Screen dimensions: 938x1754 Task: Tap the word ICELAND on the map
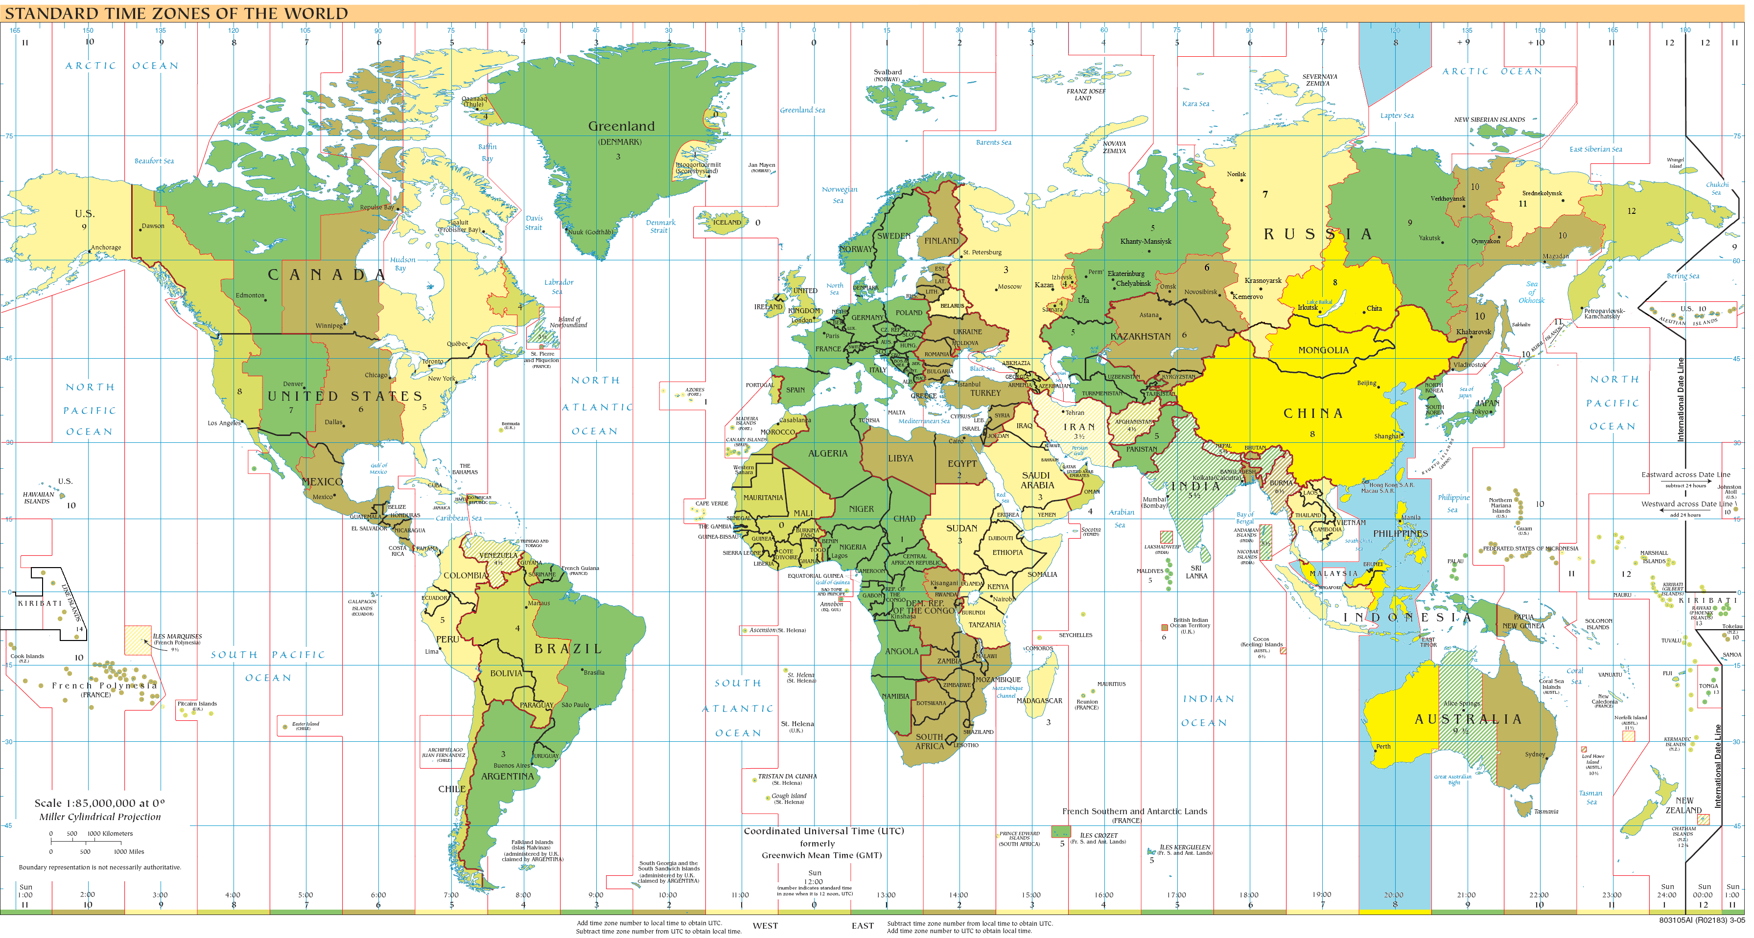[726, 223]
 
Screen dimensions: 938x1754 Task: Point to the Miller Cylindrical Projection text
[100, 817]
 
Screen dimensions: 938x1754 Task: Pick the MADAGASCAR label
[1039, 700]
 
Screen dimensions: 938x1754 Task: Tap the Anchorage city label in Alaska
[106, 248]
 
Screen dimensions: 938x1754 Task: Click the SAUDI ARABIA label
[1037, 480]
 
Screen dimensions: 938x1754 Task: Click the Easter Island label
[305, 724]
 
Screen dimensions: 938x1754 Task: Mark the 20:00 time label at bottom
[1393, 895]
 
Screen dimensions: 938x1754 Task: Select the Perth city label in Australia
[1383, 747]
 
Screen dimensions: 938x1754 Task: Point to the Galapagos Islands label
[362, 605]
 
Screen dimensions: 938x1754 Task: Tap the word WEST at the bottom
[765, 926]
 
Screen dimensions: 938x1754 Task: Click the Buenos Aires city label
[512, 766]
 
